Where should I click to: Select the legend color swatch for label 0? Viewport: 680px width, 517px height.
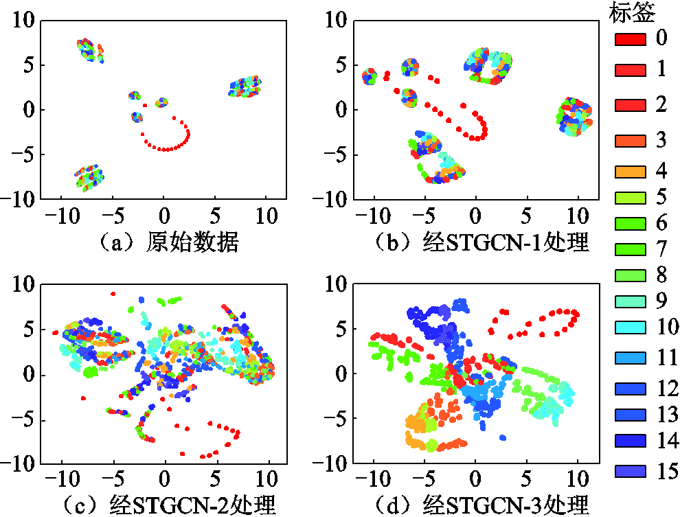pos(630,39)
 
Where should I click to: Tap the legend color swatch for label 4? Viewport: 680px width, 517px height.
pos(630,171)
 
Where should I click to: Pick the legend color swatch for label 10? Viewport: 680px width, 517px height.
pos(630,327)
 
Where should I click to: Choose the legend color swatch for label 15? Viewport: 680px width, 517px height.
pos(630,471)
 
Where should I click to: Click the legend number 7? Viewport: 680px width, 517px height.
pos(661,248)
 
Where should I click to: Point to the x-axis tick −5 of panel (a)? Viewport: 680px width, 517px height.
pos(110,215)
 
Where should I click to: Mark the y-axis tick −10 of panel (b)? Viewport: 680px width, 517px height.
pos(332,199)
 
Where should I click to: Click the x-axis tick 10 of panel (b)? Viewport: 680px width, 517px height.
pos(578,215)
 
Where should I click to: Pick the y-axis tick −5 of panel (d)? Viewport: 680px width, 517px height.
pos(337,418)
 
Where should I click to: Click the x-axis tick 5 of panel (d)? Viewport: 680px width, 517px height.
pos(527,479)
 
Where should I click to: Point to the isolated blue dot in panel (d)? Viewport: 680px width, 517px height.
pos(503,437)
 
